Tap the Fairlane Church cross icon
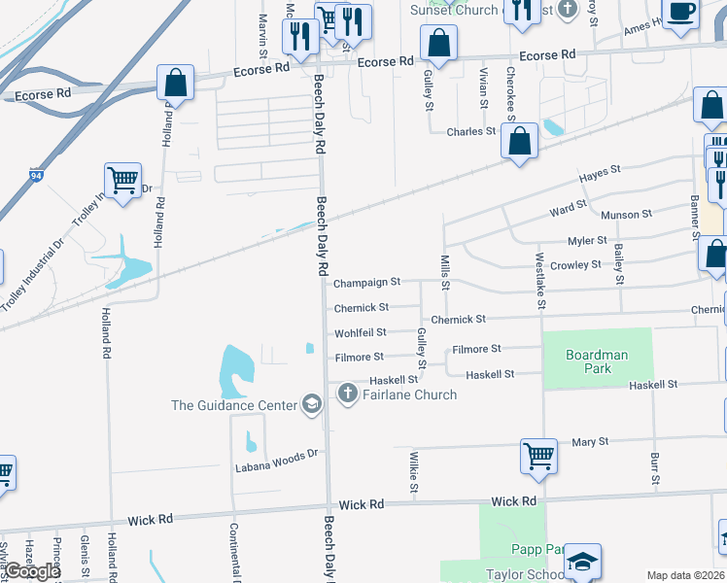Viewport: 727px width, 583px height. point(347,394)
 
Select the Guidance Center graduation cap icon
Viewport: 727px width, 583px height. point(312,404)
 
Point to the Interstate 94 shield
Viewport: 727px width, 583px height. point(36,176)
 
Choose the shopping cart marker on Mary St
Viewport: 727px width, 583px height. point(538,455)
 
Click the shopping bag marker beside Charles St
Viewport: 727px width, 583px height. point(521,141)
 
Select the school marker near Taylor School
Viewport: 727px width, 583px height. point(582,562)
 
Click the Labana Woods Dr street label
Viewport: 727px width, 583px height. point(277,461)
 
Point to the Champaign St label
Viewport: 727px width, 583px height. point(366,283)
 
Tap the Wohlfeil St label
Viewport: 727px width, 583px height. point(361,333)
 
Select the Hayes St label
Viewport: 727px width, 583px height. point(600,175)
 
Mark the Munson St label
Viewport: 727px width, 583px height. point(620,215)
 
